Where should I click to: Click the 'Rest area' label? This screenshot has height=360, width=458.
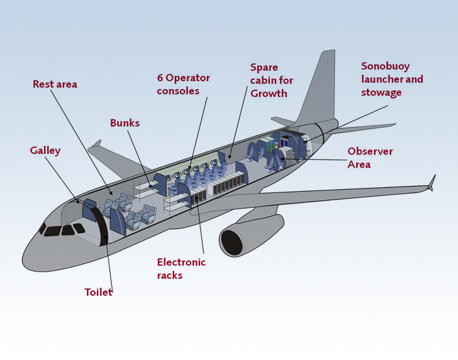pos(55,84)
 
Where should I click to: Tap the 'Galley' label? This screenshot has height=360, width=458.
pos(45,151)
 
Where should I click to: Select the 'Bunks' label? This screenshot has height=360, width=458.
pos(125,123)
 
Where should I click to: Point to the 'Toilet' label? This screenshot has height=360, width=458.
pos(98,292)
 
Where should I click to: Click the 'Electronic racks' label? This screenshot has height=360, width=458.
pos(181,268)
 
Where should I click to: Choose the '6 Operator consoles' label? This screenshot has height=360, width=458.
pos(183,84)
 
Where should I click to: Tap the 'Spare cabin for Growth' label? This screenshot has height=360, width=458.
pos(272,81)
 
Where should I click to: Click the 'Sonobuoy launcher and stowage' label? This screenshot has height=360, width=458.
pos(392,79)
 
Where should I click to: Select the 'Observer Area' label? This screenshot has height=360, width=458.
pos(370,158)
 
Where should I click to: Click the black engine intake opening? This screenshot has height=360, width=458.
pos(232,242)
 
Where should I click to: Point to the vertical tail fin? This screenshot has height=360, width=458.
pos(319,88)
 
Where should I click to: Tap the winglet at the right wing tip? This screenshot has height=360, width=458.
pos(432,183)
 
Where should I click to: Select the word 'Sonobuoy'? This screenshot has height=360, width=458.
pos(385,67)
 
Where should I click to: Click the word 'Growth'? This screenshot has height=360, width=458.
pos(269,94)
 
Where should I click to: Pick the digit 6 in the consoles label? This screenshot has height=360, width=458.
pos(160,78)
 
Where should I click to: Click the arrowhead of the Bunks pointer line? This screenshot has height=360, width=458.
pos(150,187)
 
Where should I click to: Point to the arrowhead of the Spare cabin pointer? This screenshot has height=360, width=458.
pos(230,157)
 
